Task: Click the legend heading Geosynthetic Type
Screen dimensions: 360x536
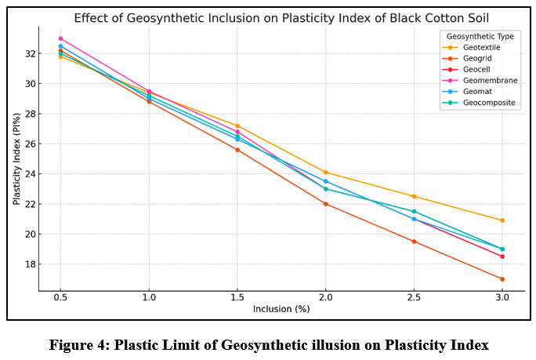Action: point(478,36)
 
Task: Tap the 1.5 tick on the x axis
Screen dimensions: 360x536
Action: point(237,298)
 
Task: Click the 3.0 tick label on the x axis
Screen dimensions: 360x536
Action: point(502,298)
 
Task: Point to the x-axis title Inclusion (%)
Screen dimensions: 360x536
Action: point(281,310)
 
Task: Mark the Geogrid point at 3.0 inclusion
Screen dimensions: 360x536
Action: point(502,278)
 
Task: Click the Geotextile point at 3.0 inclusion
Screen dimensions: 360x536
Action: point(502,220)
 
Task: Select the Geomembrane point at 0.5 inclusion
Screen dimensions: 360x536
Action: point(60,38)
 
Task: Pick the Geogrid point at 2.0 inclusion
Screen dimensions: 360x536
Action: point(326,204)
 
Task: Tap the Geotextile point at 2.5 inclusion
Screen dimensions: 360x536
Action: point(414,196)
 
